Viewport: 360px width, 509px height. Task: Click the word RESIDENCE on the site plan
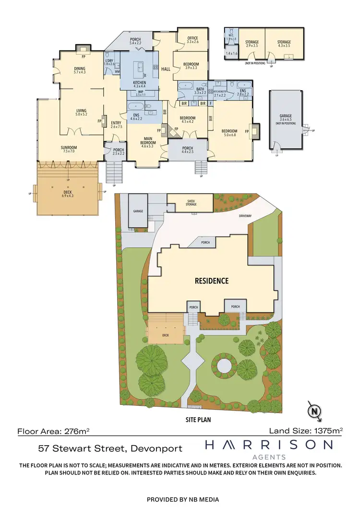(211, 281)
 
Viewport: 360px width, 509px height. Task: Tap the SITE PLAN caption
(199, 419)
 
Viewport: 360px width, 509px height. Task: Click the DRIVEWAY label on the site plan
(245, 216)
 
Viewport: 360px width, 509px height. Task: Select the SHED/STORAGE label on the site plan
(190, 203)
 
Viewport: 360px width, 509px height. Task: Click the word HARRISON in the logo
(268, 445)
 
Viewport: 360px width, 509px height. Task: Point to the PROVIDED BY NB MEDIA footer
(180, 499)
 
